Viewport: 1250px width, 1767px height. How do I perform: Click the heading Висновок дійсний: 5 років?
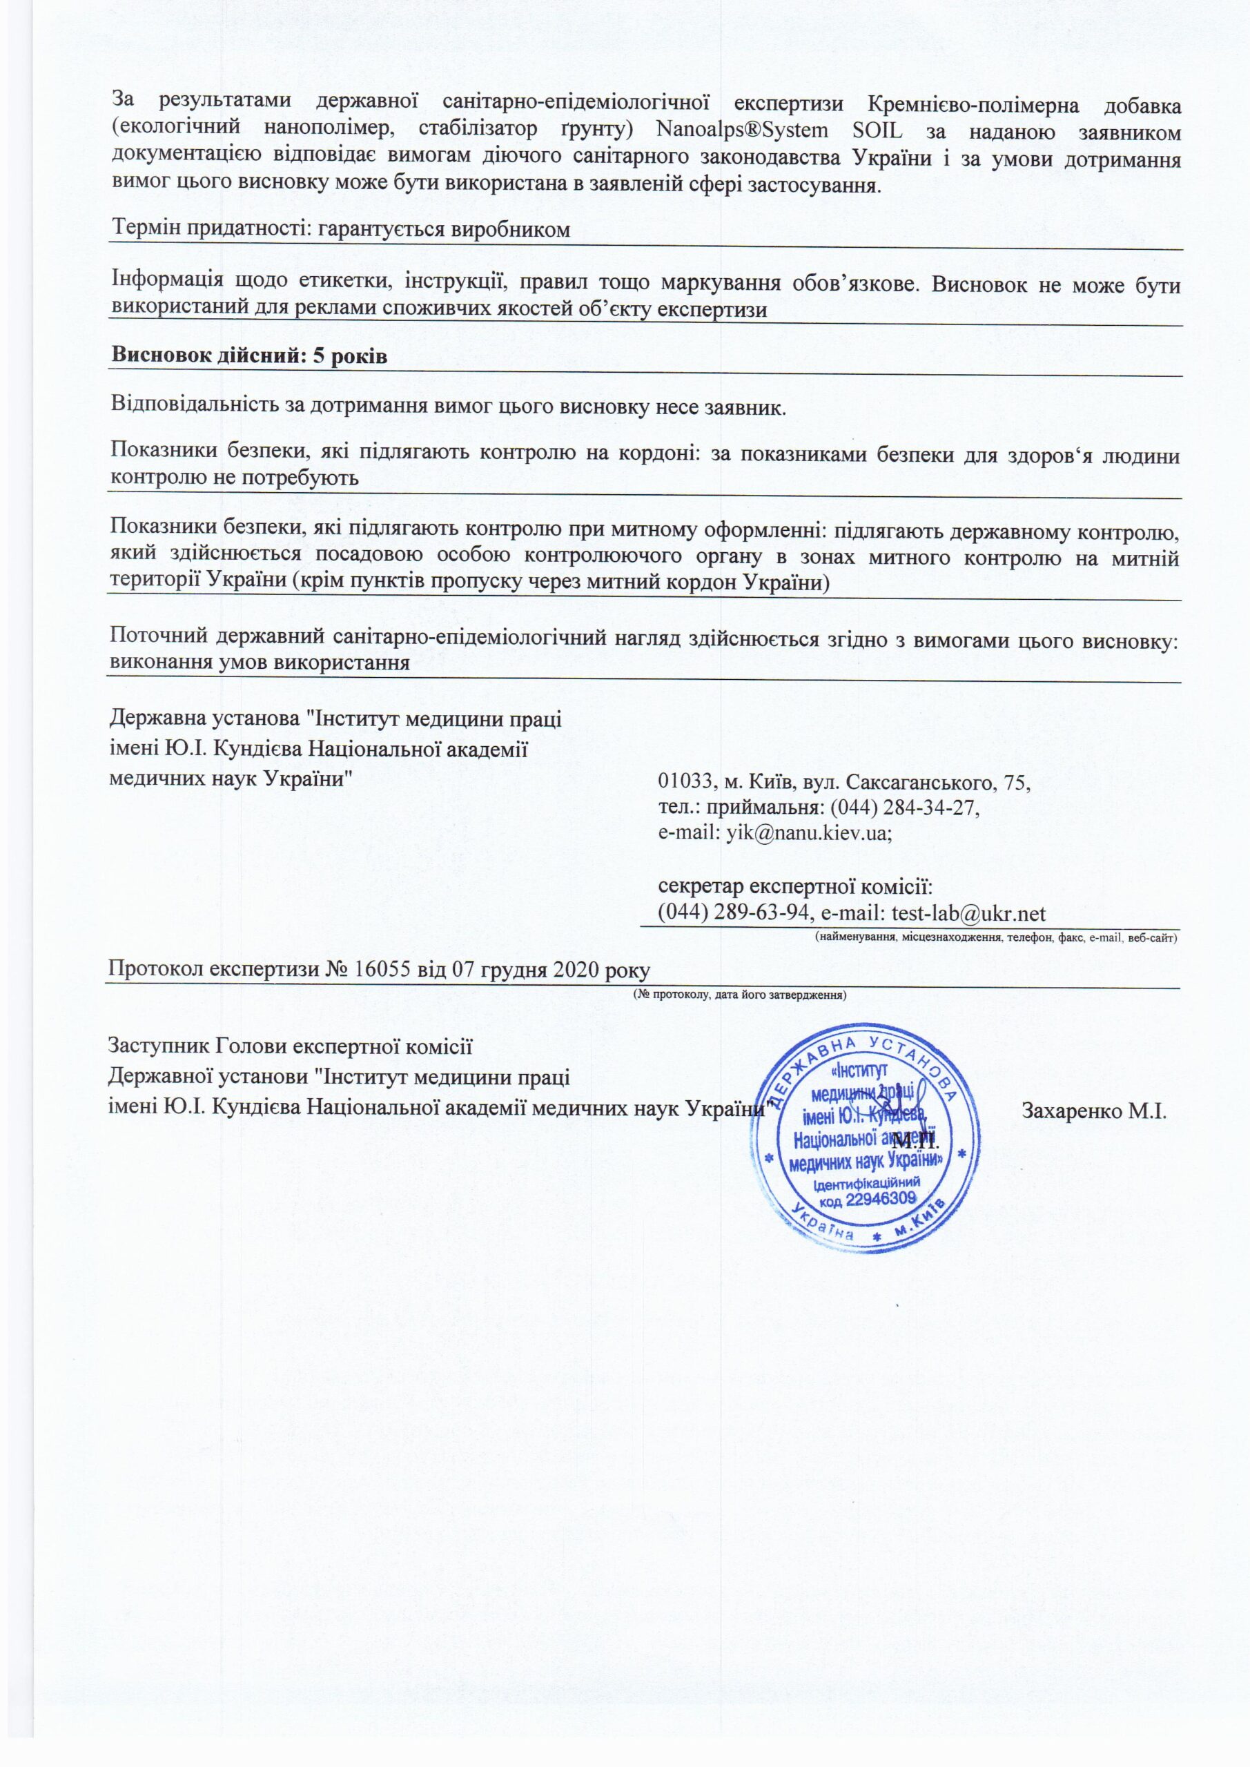coord(248,357)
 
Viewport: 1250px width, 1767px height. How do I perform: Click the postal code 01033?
coord(685,783)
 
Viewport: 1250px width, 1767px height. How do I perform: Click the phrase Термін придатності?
coord(202,229)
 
